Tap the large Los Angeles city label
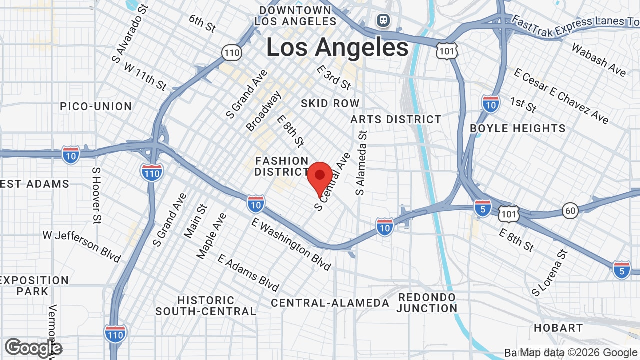[337, 48]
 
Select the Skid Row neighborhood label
[330, 103]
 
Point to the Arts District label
[396, 119]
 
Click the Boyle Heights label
[517, 128]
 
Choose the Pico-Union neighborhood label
[96, 106]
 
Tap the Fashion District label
[282, 166]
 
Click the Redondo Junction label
[427, 303]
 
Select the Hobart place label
[558, 328]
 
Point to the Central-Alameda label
[330, 303]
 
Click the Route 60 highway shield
[570, 211]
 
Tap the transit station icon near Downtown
[383, 20]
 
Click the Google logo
[33, 348]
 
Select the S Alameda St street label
[361, 163]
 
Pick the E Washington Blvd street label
[292, 244]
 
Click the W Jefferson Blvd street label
[82, 246]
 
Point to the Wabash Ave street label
[598, 60]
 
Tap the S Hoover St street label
[96, 195]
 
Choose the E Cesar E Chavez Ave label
[561, 96]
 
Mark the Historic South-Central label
[206, 306]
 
